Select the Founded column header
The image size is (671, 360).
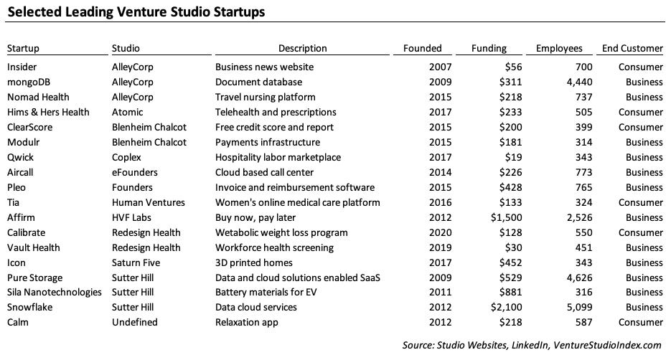[422, 49]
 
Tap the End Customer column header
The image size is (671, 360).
[632, 49]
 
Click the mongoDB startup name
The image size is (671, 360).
[29, 82]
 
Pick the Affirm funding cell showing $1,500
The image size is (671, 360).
[489, 217]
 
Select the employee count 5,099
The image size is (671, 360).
[568, 308]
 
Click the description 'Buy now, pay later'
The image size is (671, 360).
[255, 217]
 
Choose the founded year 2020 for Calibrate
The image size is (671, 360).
[431, 232]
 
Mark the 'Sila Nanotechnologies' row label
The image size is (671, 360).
[54, 293]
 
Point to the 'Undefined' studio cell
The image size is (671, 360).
[133, 323]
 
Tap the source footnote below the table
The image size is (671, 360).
[532, 346]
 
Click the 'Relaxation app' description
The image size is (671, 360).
[246, 323]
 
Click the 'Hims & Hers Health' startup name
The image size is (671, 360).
[48, 112]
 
